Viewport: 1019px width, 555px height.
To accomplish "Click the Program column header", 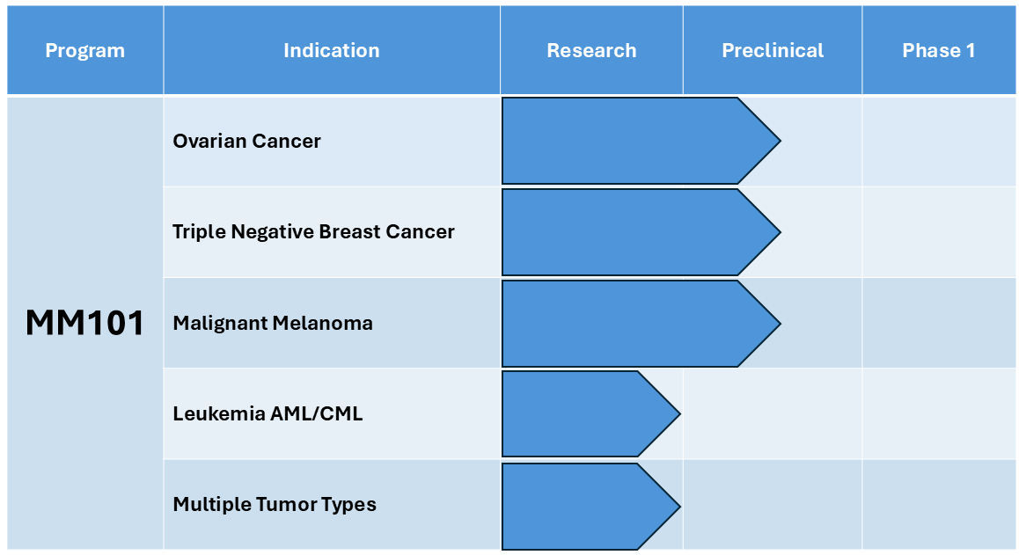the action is (85, 50).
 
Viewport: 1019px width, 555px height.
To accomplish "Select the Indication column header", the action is (332, 50).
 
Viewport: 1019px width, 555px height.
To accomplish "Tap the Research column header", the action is (591, 50).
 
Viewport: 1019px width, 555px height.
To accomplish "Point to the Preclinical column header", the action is (773, 50).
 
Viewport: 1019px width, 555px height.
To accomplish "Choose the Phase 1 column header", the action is (939, 50).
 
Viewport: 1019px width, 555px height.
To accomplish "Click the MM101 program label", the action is (85, 323).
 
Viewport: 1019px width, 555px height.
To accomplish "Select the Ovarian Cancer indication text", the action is (247, 141).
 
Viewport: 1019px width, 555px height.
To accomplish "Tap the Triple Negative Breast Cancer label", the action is (314, 232).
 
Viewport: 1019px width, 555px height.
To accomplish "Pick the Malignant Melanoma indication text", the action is (273, 323).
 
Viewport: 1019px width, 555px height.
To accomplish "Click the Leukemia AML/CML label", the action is (268, 413).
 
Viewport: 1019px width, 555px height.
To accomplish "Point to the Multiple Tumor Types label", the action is (275, 504).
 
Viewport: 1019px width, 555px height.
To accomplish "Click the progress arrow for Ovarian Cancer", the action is (641, 141).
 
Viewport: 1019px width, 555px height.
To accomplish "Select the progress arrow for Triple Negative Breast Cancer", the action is (641, 232).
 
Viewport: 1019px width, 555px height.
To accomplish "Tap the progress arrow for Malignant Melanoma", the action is (641, 323).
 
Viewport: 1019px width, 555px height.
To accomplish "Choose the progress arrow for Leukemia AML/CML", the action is (590, 414).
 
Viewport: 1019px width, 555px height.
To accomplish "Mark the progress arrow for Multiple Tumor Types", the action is (590, 506).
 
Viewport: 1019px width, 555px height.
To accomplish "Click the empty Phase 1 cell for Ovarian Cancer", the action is (939, 142).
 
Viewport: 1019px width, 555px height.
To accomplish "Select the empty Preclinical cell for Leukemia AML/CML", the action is (773, 414).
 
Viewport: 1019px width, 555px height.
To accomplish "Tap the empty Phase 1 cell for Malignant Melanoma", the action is (939, 323).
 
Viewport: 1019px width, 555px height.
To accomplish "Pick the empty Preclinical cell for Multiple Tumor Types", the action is (773, 505).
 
